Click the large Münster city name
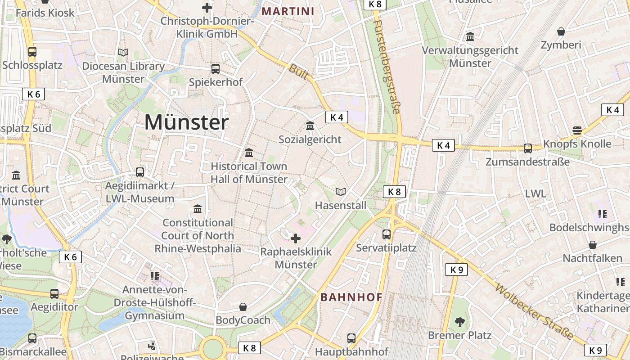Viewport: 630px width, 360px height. (x=186, y=122)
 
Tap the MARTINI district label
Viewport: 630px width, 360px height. (x=288, y=11)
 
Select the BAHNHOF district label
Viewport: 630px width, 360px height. (x=351, y=297)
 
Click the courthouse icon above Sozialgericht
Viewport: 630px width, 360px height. (x=310, y=126)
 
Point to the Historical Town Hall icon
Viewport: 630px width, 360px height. (x=249, y=153)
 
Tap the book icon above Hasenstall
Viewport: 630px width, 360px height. (x=341, y=192)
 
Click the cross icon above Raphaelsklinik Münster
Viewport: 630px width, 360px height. (x=296, y=238)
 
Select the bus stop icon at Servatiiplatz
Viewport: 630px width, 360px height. (x=387, y=234)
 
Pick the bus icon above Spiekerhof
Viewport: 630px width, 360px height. (x=216, y=69)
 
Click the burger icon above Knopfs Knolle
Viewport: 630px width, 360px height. (x=577, y=130)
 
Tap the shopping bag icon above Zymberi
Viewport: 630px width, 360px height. (x=561, y=31)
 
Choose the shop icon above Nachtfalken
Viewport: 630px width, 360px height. (x=593, y=245)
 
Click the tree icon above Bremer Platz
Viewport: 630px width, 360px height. (x=459, y=322)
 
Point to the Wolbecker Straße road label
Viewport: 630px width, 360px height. (x=535, y=311)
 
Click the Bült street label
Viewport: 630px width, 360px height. (x=298, y=72)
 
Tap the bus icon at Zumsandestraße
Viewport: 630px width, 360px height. (x=527, y=148)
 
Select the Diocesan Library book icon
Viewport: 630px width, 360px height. (x=123, y=53)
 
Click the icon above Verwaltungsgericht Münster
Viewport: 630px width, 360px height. (x=470, y=36)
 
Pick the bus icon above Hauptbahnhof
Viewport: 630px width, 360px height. (x=351, y=338)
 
